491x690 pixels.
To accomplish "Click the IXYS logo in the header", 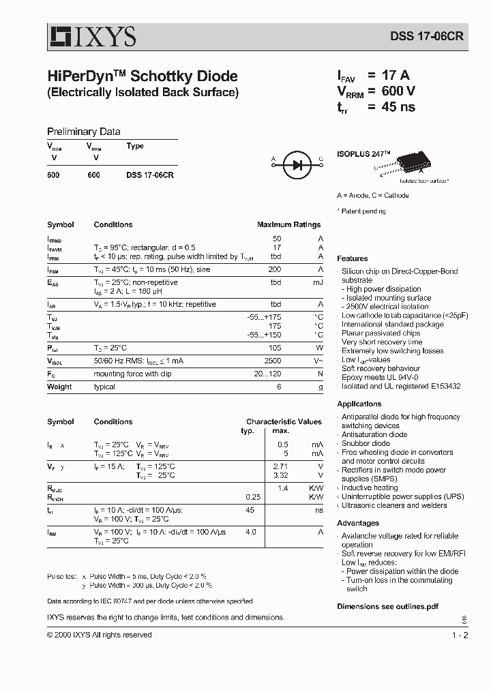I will [91, 35].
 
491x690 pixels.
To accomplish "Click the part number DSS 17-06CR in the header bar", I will [427, 37].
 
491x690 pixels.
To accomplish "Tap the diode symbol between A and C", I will [297, 164].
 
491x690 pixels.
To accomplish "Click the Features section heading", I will [353, 258].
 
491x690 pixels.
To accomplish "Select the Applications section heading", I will [359, 404].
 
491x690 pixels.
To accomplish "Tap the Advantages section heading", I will [358, 523].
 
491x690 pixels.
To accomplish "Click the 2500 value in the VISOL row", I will [273, 360].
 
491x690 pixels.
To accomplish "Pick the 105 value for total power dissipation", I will [275, 347].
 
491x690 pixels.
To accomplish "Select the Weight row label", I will [59, 387].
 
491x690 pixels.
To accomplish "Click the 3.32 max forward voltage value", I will [280, 475].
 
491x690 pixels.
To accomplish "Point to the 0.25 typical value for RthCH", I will [253, 497].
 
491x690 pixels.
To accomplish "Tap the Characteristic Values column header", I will [284, 421].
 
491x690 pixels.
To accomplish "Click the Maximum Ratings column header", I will [288, 224].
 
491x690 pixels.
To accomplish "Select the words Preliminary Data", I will [83, 132].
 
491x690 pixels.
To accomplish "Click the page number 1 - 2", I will [461, 635].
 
